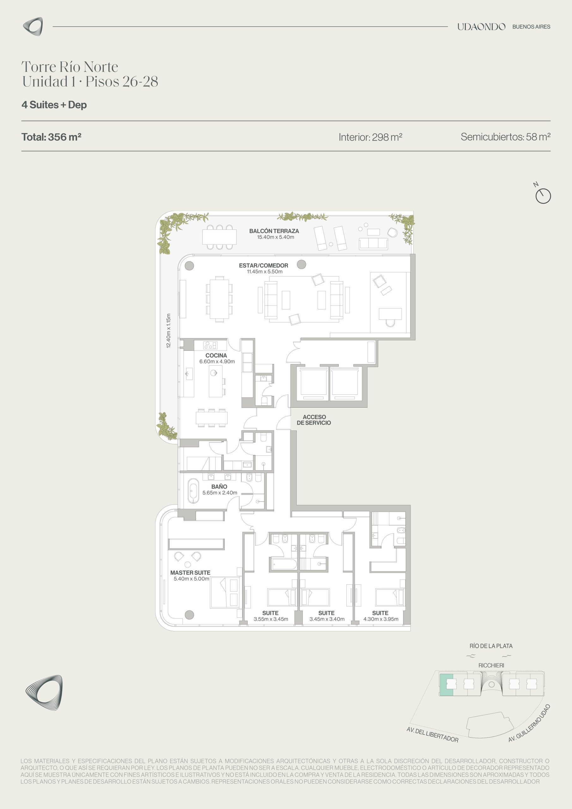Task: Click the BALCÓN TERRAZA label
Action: [274, 231]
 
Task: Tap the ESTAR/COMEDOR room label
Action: [264, 266]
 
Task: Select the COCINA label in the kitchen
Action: [216, 356]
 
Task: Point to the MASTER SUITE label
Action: [190, 573]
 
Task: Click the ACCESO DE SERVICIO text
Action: [314, 420]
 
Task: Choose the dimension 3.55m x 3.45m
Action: [271, 619]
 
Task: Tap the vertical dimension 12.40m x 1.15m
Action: [168, 331]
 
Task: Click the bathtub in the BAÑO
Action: [193, 491]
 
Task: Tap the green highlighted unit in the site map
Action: [446, 684]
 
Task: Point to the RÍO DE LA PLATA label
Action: [491, 646]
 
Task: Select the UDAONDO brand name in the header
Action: [481, 27]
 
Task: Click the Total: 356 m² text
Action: [52, 137]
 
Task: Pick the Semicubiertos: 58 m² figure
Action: [505, 137]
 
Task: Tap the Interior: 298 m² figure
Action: [370, 137]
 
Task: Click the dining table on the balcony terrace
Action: [219, 237]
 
